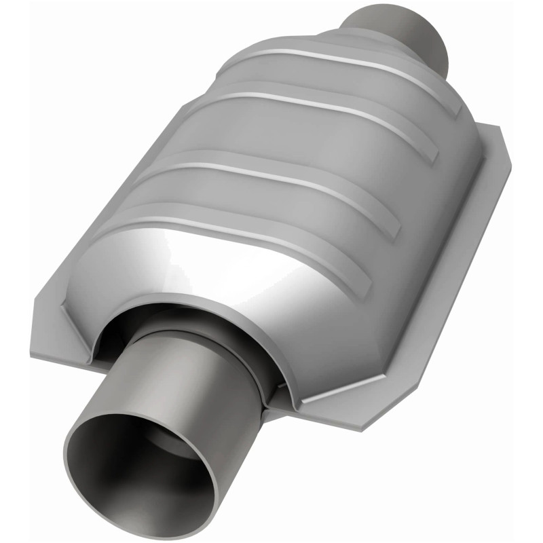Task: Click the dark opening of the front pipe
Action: point(139,468)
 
